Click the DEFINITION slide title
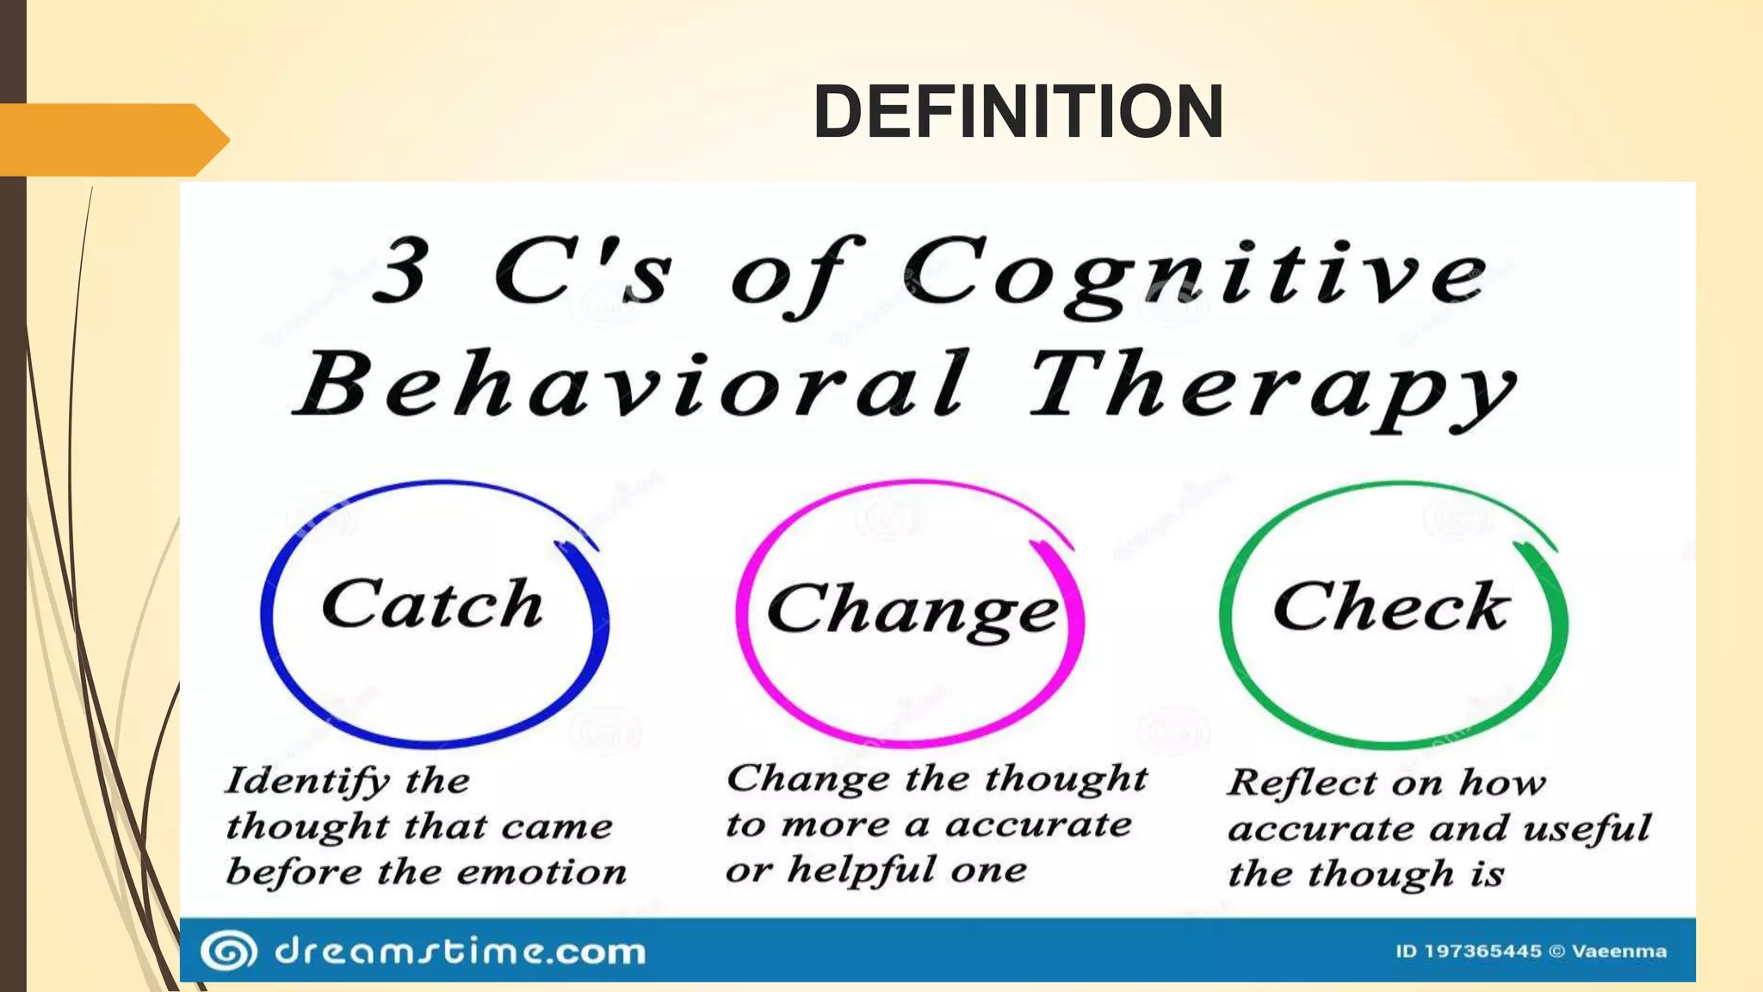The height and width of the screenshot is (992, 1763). [x=1018, y=111]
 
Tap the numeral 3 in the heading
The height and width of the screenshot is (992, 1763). [x=401, y=272]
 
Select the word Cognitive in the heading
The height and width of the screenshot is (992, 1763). [x=1195, y=272]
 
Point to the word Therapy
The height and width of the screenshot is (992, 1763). [x=1272, y=387]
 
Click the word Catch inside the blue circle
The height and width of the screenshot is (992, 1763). [x=432, y=604]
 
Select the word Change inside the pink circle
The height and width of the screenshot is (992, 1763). [x=912, y=610]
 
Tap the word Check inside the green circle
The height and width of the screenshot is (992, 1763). [x=1391, y=607]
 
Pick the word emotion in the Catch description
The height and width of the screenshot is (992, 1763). [x=541, y=872]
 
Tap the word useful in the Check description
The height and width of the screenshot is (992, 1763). [x=1587, y=828]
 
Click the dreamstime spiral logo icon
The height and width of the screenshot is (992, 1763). [x=228, y=952]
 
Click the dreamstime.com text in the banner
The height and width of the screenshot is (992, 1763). [x=460, y=952]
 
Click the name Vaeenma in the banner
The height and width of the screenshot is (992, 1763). [x=1618, y=952]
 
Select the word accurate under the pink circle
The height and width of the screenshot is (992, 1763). [x=1038, y=825]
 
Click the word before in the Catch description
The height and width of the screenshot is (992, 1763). [x=294, y=872]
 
